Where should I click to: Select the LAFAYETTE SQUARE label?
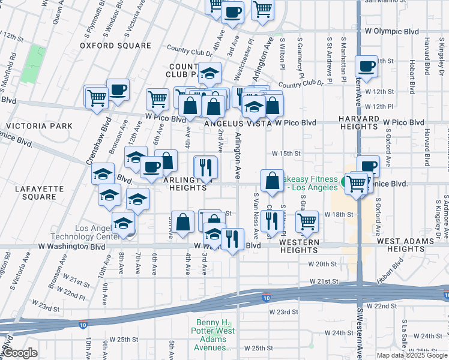(39, 192)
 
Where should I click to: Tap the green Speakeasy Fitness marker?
(346, 181)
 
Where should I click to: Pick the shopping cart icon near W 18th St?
(307, 221)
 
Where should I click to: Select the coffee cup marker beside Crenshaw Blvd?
(118, 89)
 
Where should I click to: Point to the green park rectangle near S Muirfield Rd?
(34, 64)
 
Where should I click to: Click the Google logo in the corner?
(20, 353)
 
